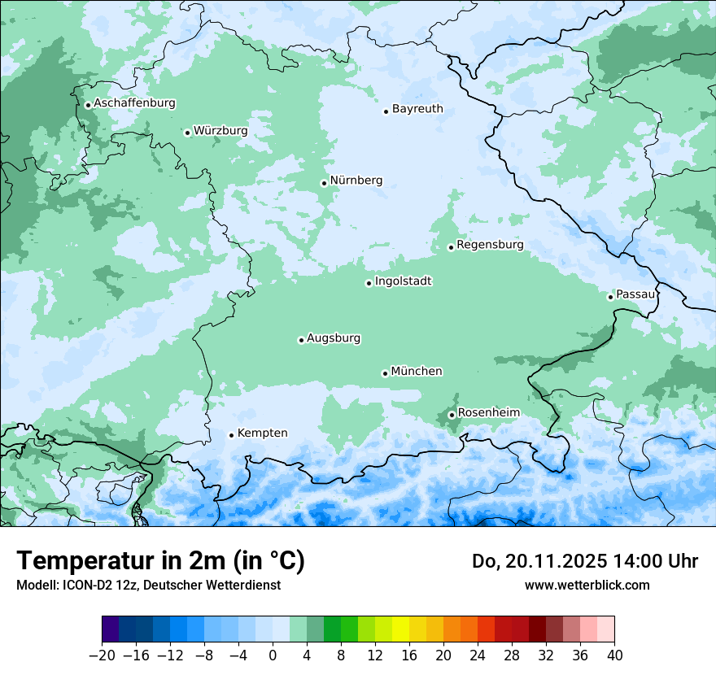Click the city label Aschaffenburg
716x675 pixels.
pos(134,103)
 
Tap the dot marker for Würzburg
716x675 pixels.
pos(187,133)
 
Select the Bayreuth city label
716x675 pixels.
pos(417,108)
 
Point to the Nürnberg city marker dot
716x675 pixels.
pos(324,183)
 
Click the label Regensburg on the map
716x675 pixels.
pos(490,244)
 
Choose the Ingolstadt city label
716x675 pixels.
pos(403,281)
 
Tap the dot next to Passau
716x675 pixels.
pos(610,297)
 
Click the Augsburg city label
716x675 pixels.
pos(334,337)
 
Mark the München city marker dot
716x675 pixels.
pos(385,373)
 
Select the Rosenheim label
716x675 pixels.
pos(488,412)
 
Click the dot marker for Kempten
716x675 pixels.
pos(231,435)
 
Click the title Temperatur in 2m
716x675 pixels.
pos(160,561)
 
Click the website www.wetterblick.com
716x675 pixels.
pos(587,586)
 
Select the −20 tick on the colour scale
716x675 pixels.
pos(102,655)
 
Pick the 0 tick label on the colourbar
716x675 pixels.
pos(273,655)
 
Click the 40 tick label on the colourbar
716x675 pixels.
pos(614,655)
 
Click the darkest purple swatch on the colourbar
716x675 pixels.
pos(110,629)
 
